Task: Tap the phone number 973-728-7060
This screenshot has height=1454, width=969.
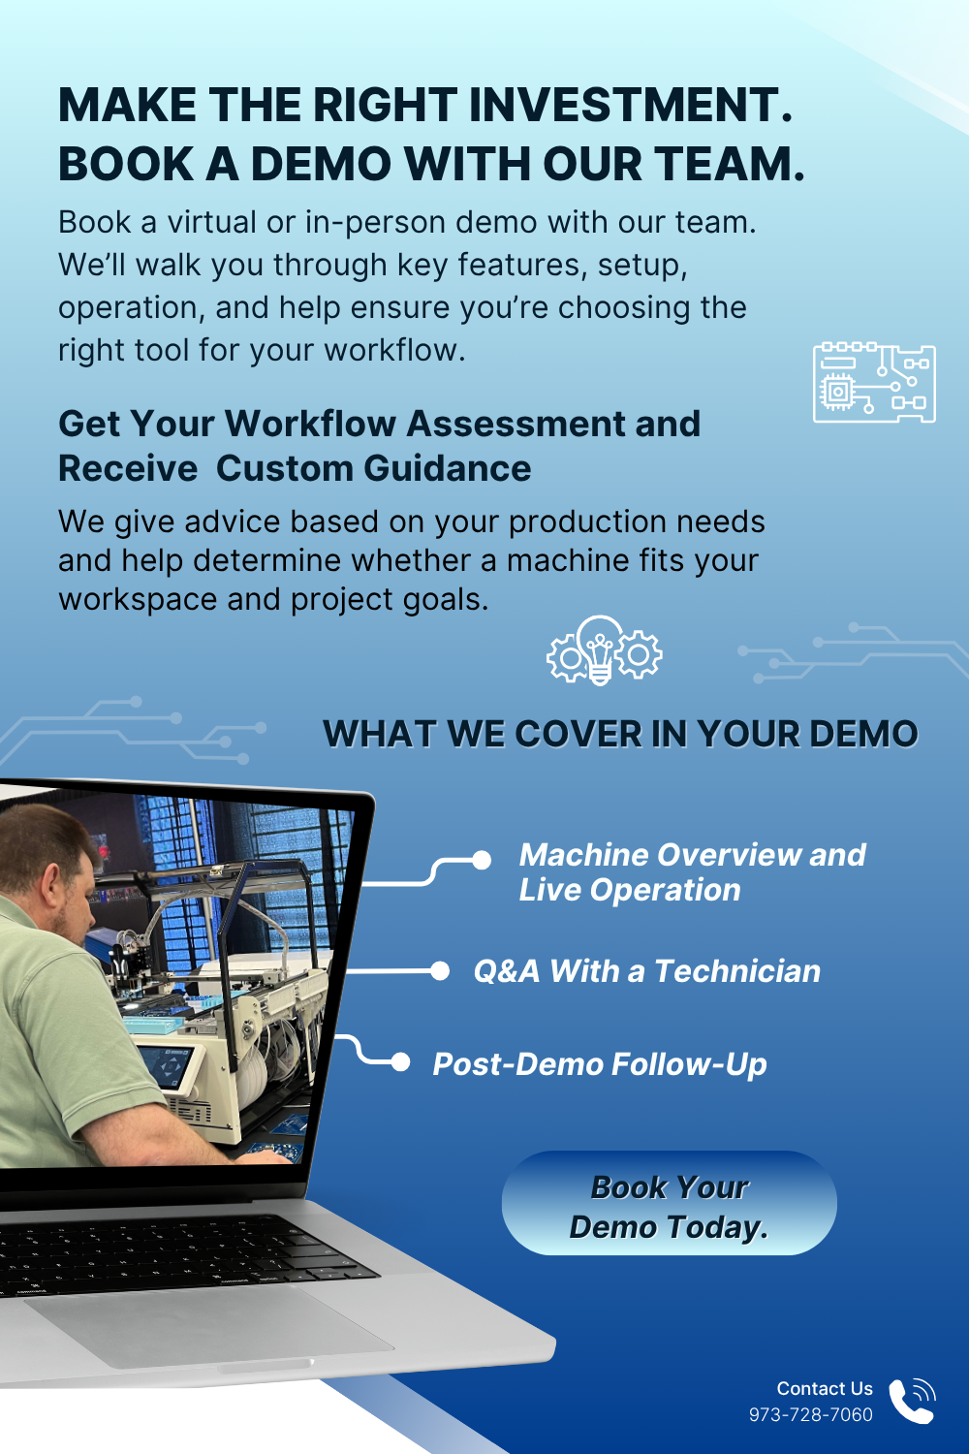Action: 811,1415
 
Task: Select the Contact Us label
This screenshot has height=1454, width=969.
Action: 825,1388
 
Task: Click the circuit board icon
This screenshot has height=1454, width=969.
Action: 874,382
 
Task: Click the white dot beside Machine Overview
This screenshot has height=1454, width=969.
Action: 482,860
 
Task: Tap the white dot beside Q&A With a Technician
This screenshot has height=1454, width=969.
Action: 440,971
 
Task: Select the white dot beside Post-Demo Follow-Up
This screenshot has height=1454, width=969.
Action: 400,1062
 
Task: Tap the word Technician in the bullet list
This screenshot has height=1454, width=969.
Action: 737,971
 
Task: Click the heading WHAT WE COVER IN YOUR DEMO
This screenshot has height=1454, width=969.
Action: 620,734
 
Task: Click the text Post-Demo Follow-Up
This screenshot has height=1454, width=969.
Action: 600,1064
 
